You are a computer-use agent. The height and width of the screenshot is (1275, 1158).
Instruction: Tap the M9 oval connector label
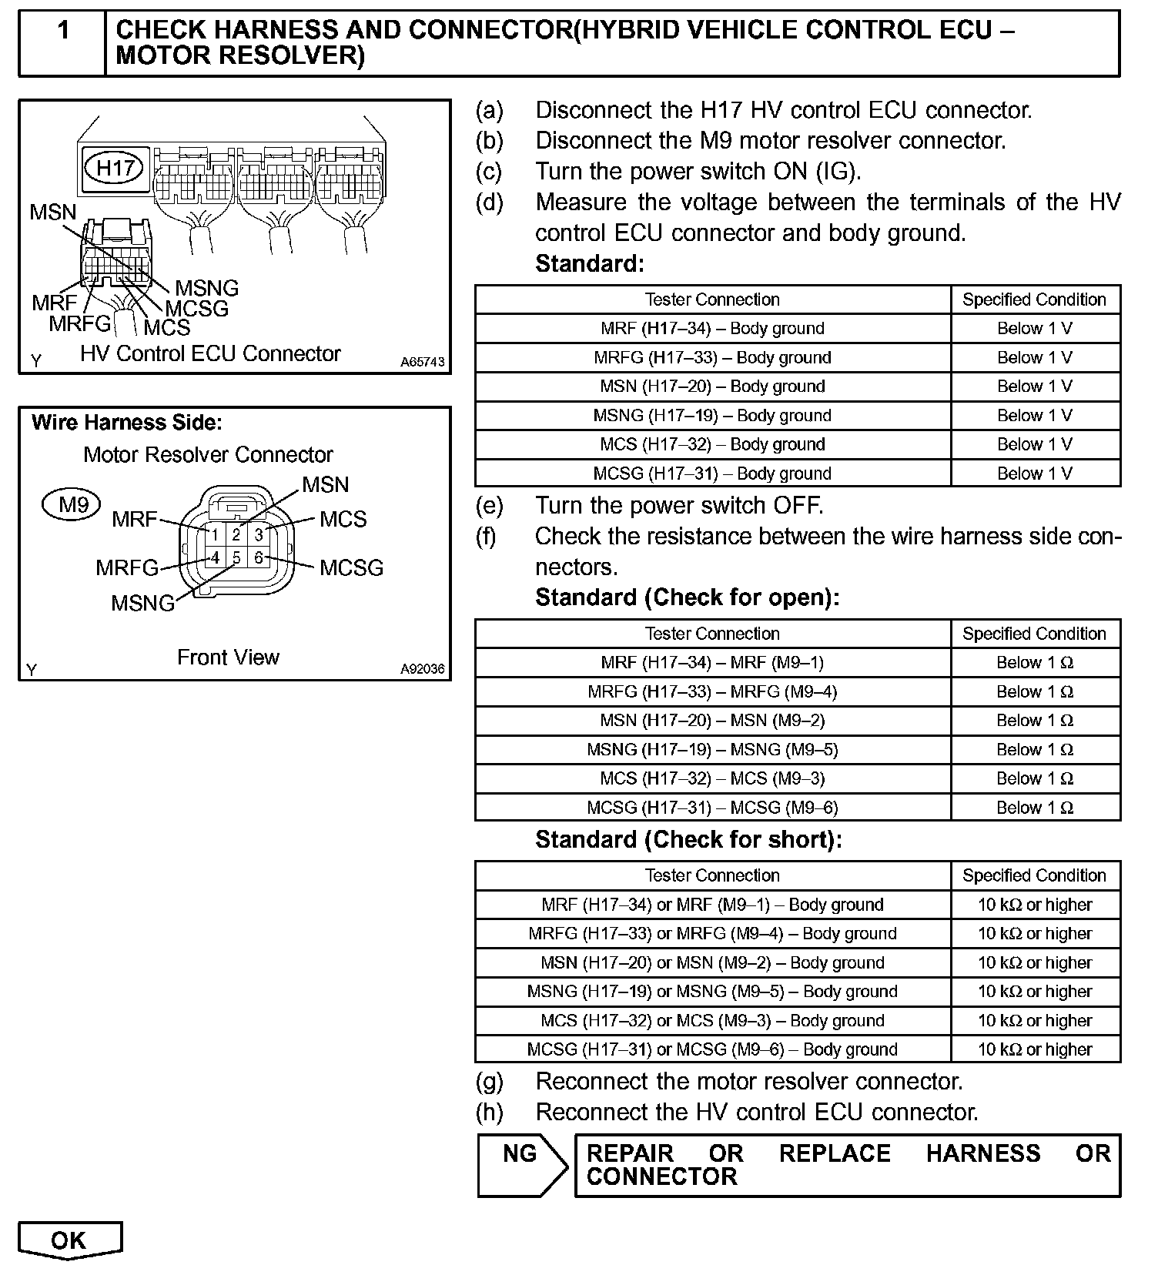pyautogui.click(x=74, y=505)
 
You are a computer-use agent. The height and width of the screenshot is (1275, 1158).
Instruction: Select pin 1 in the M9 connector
pyautogui.click(x=216, y=534)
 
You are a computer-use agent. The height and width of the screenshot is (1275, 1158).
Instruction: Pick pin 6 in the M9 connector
pyautogui.click(x=259, y=557)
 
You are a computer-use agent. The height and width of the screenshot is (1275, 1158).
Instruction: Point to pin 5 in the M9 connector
pyautogui.click(x=236, y=557)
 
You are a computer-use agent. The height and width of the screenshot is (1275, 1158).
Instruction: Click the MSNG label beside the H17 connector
pyautogui.click(x=207, y=288)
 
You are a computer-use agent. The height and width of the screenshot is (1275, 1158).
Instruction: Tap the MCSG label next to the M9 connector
pyautogui.click(x=351, y=568)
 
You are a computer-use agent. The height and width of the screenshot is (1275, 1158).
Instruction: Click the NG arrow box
pyautogui.click(x=521, y=1164)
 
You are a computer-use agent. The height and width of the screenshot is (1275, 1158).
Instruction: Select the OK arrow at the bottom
pyautogui.click(x=69, y=1240)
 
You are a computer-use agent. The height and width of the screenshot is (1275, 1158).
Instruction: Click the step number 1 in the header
pyautogui.click(x=63, y=31)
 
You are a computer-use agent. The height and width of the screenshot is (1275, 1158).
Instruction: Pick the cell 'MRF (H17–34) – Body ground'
pyautogui.click(x=712, y=329)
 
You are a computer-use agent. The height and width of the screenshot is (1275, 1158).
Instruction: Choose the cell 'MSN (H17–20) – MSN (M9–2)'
pyautogui.click(x=712, y=721)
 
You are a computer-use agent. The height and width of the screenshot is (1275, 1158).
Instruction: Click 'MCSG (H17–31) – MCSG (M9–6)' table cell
pyautogui.click(x=712, y=808)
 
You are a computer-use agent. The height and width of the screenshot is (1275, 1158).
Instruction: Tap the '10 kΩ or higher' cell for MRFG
pyautogui.click(x=1035, y=934)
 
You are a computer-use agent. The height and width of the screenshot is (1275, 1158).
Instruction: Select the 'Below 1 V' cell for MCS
pyautogui.click(x=1035, y=445)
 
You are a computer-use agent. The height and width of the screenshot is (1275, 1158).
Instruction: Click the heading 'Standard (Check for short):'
pyautogui.click(x=688, y=839)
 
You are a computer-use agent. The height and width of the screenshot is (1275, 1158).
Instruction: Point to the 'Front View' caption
pyautogui.click(x=228, y=658)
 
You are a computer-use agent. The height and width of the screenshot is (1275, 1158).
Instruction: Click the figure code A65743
pyautogui.click(x=422, y=362)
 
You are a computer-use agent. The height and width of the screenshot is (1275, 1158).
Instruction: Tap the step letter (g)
pyautogui.click(x=489, y=1082)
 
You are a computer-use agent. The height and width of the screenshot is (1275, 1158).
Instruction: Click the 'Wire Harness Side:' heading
pyautogui.click(x=127, y=423)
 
